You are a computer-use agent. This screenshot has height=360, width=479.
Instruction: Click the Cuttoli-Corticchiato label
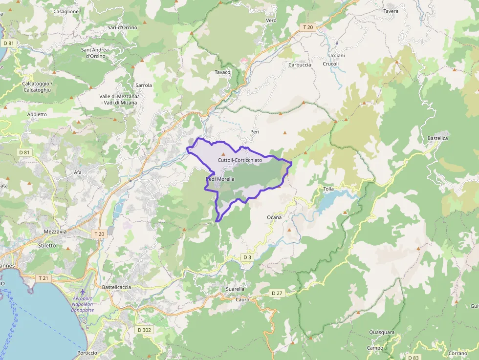coord(239,160)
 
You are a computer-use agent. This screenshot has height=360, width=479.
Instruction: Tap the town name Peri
coord(254,132)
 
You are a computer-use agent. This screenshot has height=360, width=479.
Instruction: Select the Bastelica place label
coord(437,138)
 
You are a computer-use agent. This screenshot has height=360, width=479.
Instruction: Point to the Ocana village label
coord(274,217)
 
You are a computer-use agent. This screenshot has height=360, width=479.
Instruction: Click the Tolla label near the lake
coord(329,189)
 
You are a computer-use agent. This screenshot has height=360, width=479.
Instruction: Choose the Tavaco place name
coord(222,72)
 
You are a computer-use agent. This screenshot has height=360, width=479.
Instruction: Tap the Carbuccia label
coord(300,65)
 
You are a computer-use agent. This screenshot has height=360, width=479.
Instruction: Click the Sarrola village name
coord(144,85)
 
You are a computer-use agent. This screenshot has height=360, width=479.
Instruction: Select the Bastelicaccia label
coord(116,287)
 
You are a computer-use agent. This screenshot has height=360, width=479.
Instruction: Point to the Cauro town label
coord(242,299)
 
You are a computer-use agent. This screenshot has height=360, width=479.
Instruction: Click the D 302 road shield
coord(144,330)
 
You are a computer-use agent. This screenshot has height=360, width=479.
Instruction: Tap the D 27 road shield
coord(277,293)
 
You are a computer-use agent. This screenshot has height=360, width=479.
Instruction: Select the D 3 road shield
coord(247,257)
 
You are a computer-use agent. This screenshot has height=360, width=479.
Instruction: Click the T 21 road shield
coord(44,277)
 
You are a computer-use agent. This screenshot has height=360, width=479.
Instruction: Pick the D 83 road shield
coord(414,358)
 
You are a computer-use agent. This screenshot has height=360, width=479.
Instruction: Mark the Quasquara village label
coord(382,333)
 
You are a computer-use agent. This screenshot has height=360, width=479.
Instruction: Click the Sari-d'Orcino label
coord(122,27)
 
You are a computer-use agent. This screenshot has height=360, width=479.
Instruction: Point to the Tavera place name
coord(391,11)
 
